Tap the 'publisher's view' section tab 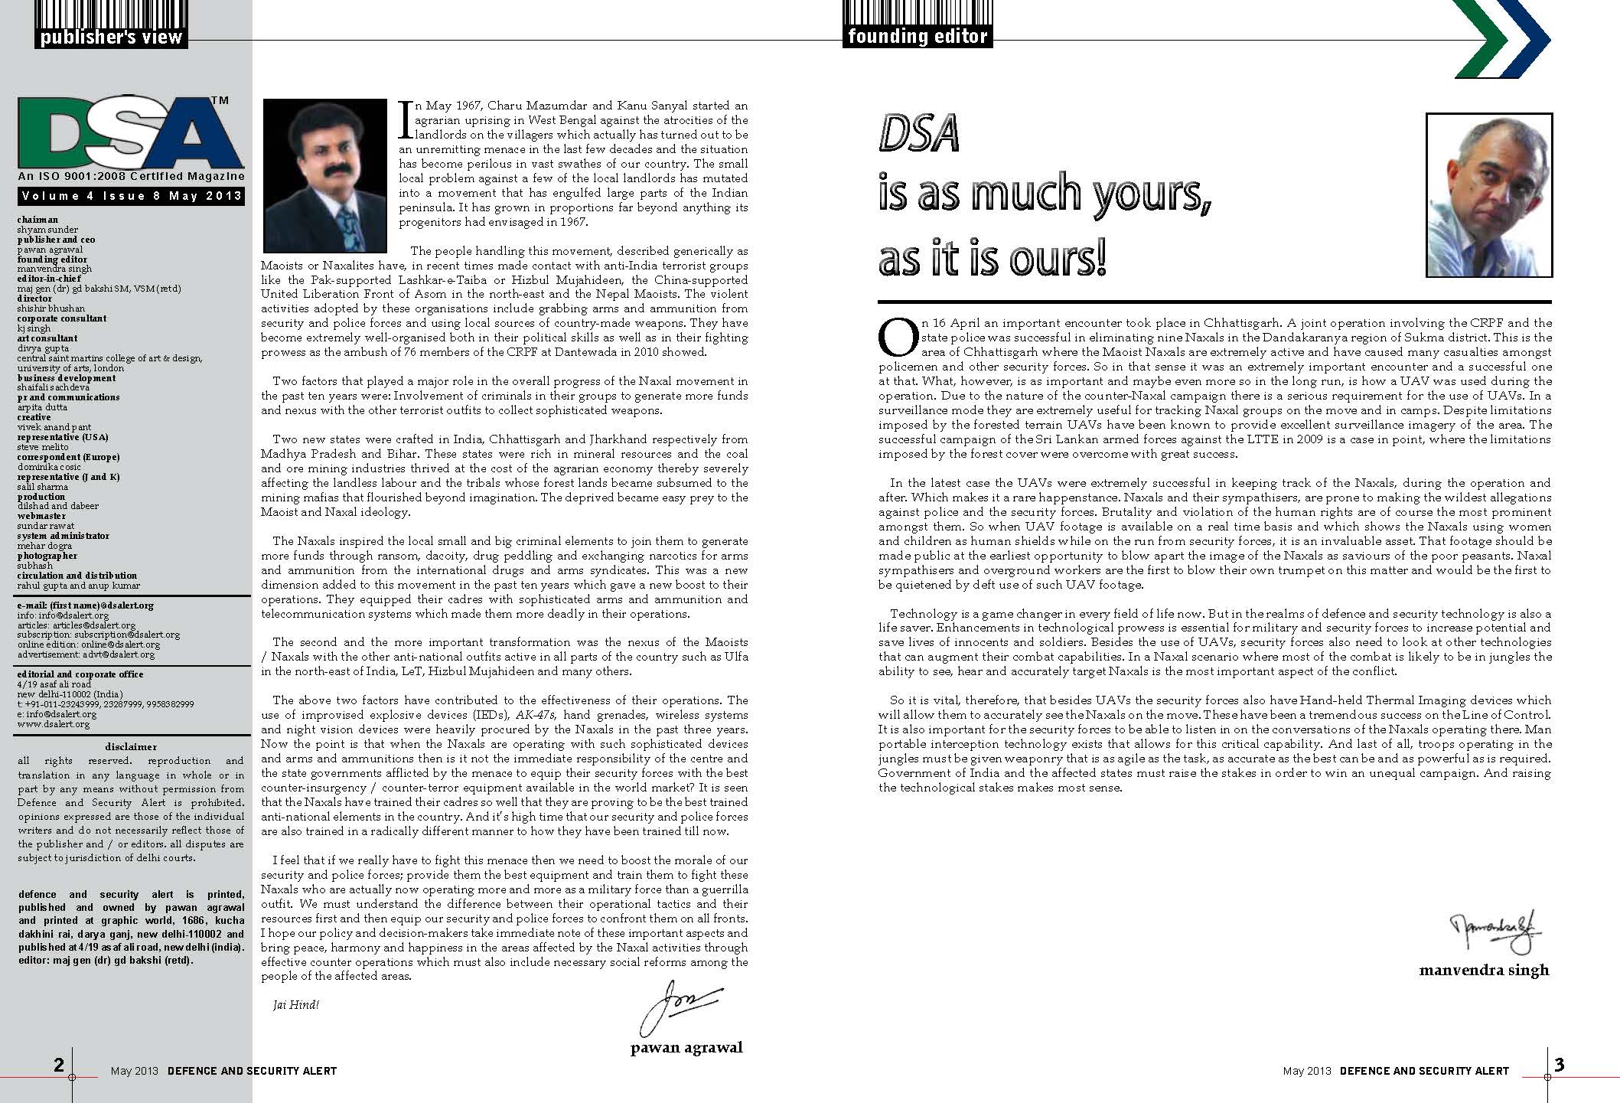pyautogui.click(x=112, y=37)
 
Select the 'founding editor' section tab pyautogui.click(x=918, y=36)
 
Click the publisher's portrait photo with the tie pyautogui.click(x=325, y=175)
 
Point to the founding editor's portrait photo pyautogui.click(x=1489, y=195)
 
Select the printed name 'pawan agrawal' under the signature pyautogui.click(x=686, y=1048)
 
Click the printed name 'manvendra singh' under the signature pyautogui.click(x=1484, y=970)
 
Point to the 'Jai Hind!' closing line pyautogui.click(x=295, y=1004)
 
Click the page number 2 pyautogui.click(x=59, y=1065)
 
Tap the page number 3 pyautogui.click(x=1559, y=1065)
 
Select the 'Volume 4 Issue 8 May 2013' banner pyautogui.click(x=131, y=196)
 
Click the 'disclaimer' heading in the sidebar pyautogui.click(x=131, y=746)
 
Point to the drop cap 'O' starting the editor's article pyautogui.click(x=896, y=338)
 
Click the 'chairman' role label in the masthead pyautogui.click(x=37, y=220)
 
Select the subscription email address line pyautogui.click(x=99, y=635)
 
